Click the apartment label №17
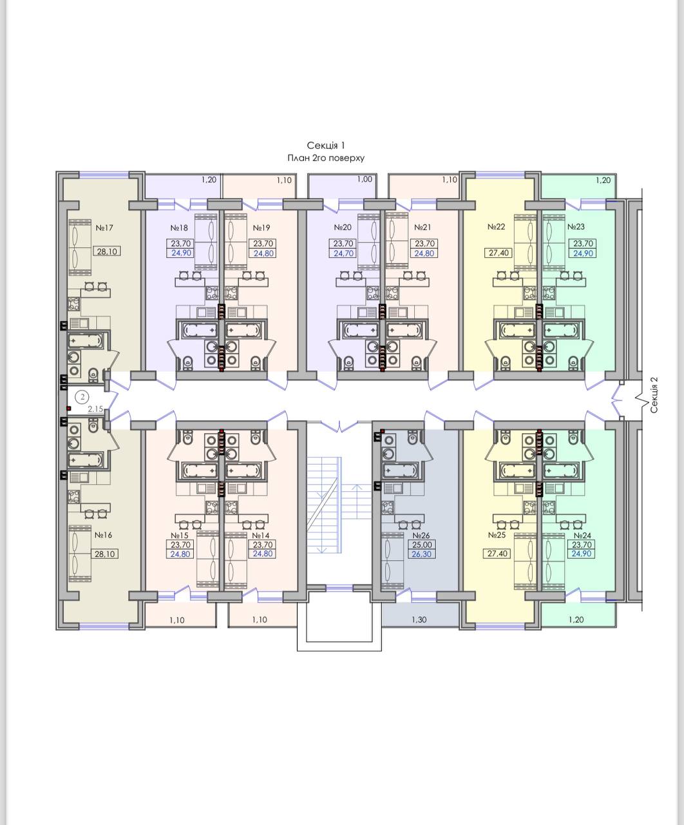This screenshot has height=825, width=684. coord(104,228)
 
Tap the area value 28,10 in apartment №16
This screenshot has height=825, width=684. coord(104,554)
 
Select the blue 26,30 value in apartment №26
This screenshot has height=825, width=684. coord(422,554)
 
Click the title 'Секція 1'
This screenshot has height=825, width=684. coord(326,146)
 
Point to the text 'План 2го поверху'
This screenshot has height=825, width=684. coord(326,158)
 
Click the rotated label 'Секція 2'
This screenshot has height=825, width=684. coord(654,395)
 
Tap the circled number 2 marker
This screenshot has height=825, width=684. coord(82,397)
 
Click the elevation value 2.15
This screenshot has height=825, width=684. coord(95,409)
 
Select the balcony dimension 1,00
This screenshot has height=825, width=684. coord(365,179)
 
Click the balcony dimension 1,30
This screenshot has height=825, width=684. coord(419,619)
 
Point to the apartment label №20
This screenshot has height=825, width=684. coord(343,228)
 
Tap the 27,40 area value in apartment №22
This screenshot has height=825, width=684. coord(499,253)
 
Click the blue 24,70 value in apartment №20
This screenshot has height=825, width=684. coord(343,253)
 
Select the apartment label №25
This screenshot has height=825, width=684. coord(497,535)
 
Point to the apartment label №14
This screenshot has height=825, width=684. coord(261,536)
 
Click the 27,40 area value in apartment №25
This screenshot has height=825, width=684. coord(498,554)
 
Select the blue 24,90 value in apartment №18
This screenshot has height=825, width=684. coord(181,253)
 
